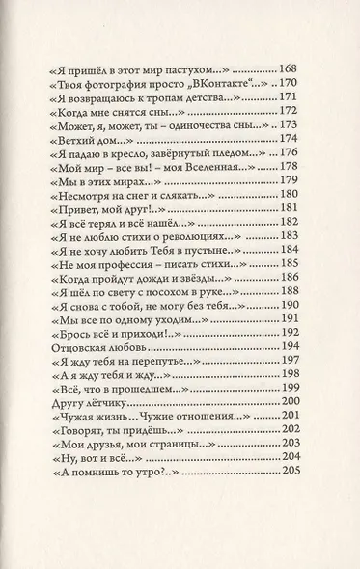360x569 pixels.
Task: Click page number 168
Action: (x=291, y=70)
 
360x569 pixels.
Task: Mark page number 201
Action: (x=291, y=441)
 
